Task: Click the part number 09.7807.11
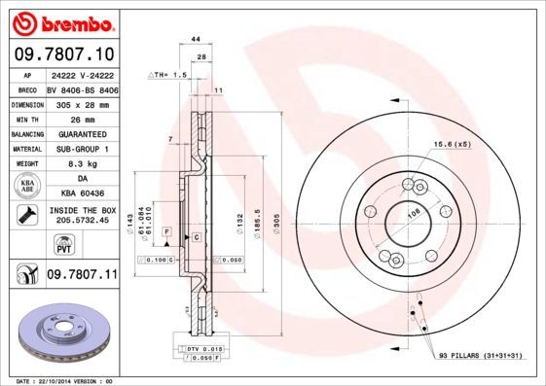[x=82, y=275]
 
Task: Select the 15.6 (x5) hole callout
[x=451, y=144]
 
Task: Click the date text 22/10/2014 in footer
[x=49, y=381]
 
